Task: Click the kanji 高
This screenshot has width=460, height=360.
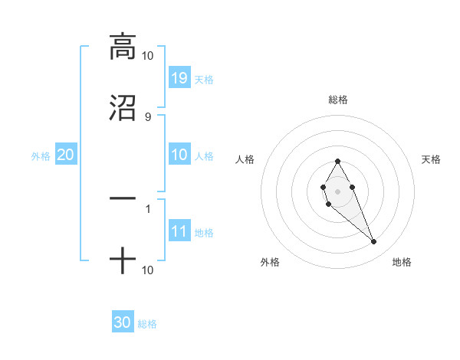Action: coord(123,47)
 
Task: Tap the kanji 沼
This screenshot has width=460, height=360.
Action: coord(123,107)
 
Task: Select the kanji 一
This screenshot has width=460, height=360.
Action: coord(123,198)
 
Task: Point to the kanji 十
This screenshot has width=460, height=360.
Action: coord(123,260)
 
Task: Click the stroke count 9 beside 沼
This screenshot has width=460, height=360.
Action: coord(147,116)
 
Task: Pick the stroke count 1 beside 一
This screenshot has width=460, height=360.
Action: coord(147,208)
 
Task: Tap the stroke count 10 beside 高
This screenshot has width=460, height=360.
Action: coord(147,56)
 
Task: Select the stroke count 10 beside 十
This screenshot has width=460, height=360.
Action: coord(147,270)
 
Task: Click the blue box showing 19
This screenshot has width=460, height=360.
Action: coord(179,77)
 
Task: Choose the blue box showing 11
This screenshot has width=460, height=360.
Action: coord(179,231)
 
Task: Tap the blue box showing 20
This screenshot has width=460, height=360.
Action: coord(66,155)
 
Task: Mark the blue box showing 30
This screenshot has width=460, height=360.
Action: coord(123,322)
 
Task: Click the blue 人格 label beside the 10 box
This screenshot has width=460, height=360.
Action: coord(204,156)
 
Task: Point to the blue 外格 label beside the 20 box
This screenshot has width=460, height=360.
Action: coord(41,156)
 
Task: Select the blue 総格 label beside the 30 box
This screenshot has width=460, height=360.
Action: coord(147,324)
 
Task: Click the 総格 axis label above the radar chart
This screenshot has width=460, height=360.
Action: coord(338,100)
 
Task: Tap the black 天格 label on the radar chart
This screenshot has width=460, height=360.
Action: coord(432,159)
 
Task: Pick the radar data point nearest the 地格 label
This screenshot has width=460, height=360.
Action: coord(373,242)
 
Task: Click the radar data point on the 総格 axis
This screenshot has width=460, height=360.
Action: coord(337,161)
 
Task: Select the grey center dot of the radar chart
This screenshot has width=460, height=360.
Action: coord(337,190)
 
